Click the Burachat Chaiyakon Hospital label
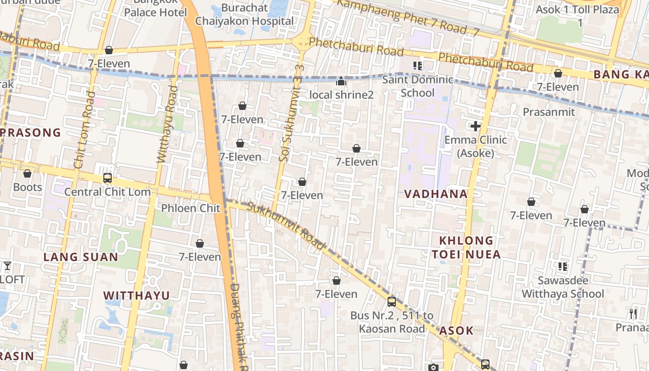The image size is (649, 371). click(x=244, y=14)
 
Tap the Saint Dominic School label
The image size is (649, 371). click(x=417, y=86)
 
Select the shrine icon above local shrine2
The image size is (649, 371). click(x=341, y=82)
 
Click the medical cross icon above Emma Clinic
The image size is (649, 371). click(x=475, y=126)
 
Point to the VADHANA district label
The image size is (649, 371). click(x=436, y=194)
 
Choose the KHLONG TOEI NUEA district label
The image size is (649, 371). click(x=466, y=247)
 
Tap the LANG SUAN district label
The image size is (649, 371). click(x=81, y=257)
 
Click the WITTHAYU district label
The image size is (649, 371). click(x=136, y=295)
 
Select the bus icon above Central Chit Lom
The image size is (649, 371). click(x=108, y=178)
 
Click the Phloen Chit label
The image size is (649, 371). click(x=191, y=208)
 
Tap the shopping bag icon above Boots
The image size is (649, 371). click(x=27, y=174)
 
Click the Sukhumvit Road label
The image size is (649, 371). click(x=286, y=226)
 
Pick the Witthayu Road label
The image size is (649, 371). click(x=167, y=124)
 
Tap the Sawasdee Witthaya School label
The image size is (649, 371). click(x=563, y=287)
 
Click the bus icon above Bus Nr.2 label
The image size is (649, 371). click(x=392, y=302)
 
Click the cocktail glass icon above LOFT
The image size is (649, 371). click(x=7, y=266)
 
